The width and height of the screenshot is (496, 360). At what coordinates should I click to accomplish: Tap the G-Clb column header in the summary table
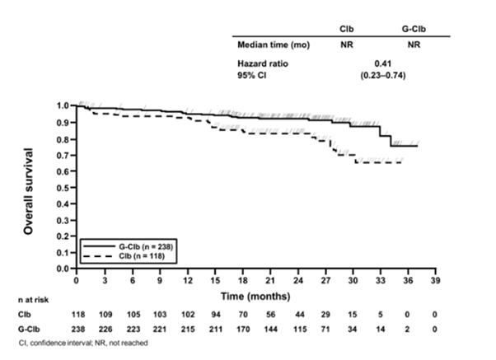(x=414, y=28)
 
